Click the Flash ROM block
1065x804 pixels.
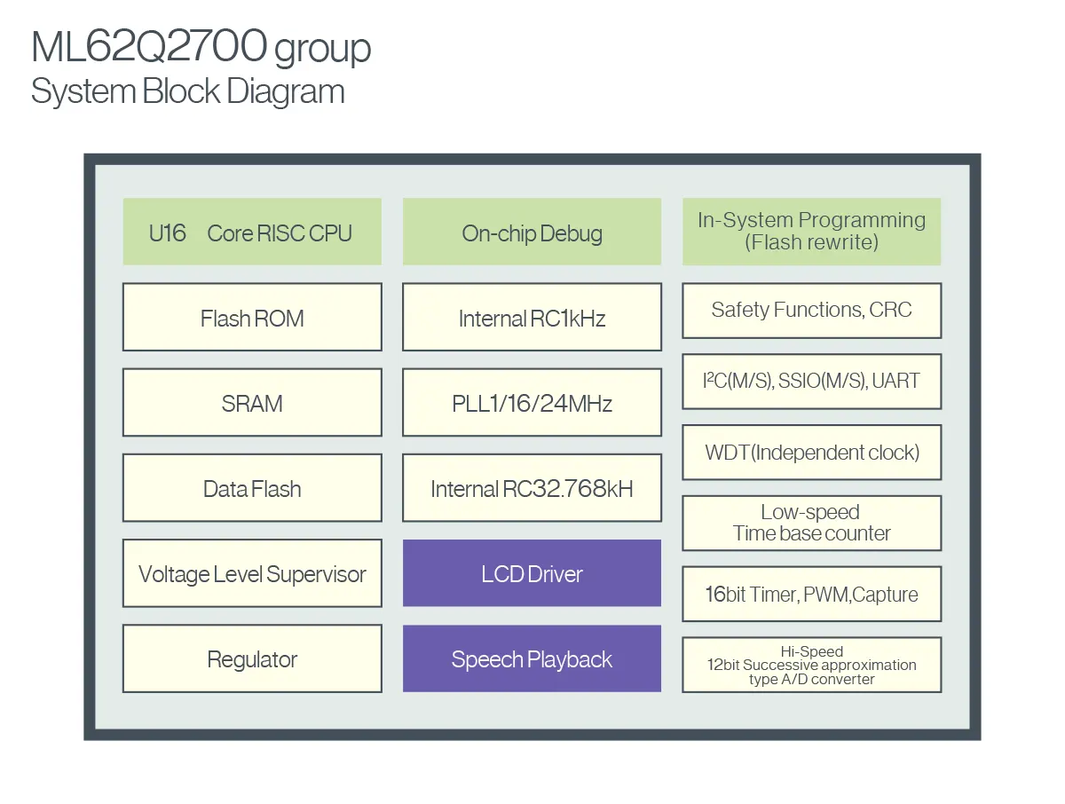pos(252,318)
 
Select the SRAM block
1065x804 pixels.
pos(252,403)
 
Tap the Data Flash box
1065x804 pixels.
pos(252,488)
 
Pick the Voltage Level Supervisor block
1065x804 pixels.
pos(252,573)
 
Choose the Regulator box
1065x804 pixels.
pos(252,658)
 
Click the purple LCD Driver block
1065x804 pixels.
pos(532,573)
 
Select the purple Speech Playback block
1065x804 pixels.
pos(532,658)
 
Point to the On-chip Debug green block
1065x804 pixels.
pos(532,233)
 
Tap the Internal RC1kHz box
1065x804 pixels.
pos(532,318)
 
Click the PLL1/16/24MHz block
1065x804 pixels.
pos(532,403)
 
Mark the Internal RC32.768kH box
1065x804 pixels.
pos(532,488)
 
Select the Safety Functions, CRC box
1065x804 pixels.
pos(811,311)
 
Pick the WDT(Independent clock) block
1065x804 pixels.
pos(811,453)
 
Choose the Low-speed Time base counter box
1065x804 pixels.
pos(811,523)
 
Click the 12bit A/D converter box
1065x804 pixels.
pos(811,665)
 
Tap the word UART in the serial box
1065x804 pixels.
pos(896,382)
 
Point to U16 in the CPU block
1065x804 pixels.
pos(168,233)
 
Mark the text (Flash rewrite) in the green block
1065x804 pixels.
pos(811,242)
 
